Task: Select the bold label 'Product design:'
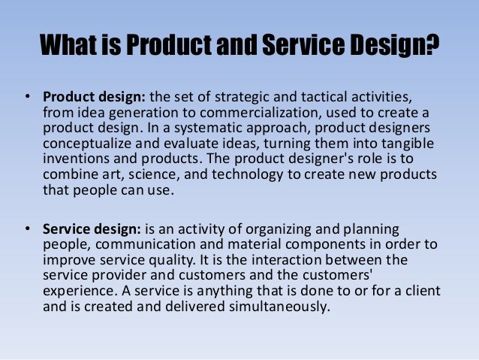pos(95,98)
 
